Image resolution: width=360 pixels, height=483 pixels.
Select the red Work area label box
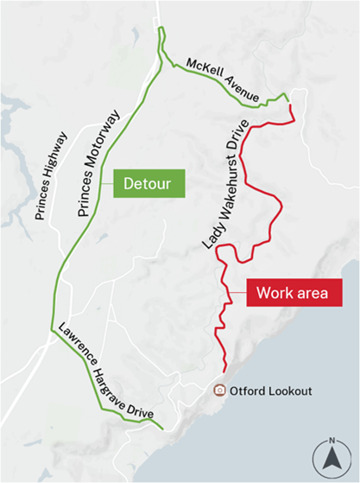pyautogui.click(x=291, y=292)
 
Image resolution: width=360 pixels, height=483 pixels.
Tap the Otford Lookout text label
pyautogui.click(x=271, y=391)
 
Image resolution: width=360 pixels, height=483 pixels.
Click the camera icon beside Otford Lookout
pyautogui.click(x=220, y=391)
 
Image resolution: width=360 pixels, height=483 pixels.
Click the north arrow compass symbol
pyautogui.click(x=332, y=461)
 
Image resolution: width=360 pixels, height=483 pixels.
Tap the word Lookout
pyautogui.click(x=288, y=391)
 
